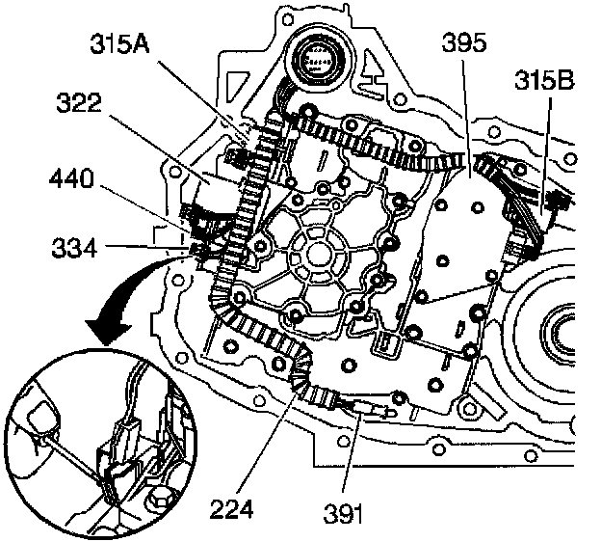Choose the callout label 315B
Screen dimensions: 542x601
545,81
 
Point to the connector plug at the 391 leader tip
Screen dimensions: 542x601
370,408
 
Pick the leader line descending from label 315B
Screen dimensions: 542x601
546,154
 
